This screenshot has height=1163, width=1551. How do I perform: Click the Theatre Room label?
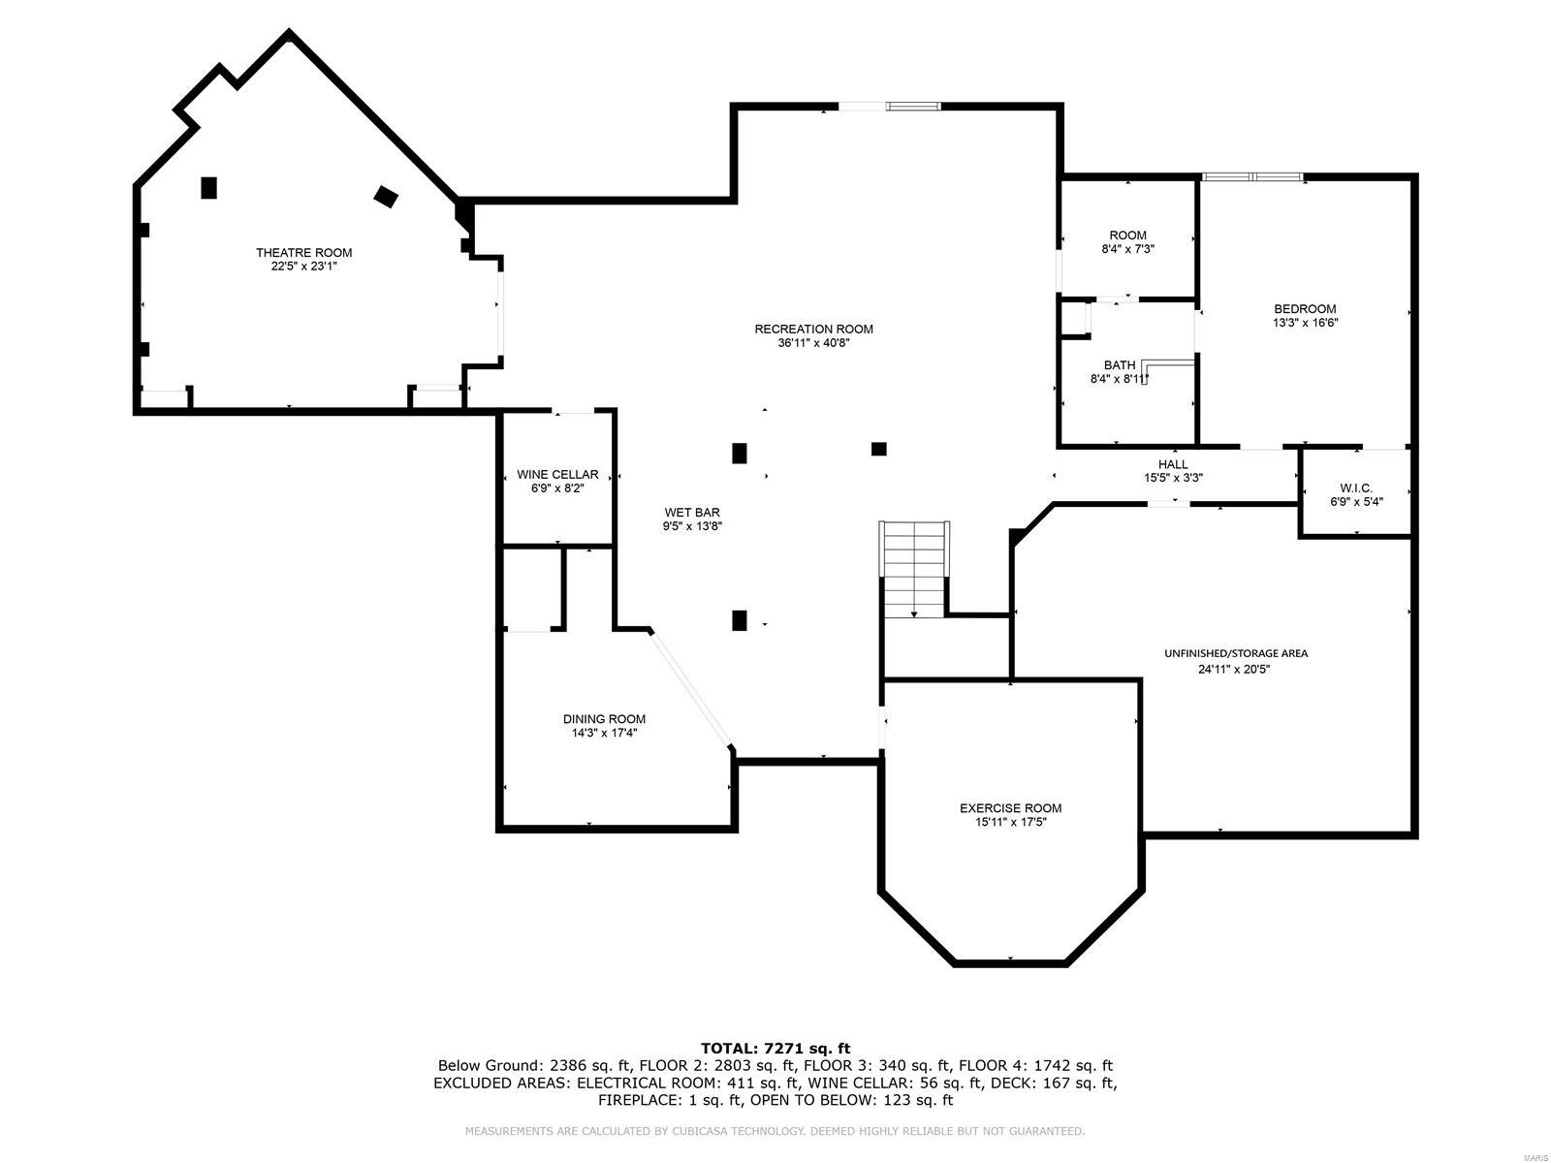pyautogui.click(x=303, y=253)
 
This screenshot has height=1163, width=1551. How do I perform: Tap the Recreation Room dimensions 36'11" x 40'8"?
pyautogui.click(x=813, y=342)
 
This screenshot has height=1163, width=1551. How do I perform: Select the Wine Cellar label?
pyautogui.click(x=557, y=475)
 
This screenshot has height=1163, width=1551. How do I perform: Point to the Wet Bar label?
pyautogui.click(x=692, y=513)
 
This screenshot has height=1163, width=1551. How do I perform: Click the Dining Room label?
pyautogui.click(x=604, y=719)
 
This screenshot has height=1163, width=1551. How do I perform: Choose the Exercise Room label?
pyautogui.click(x=1010, y=808)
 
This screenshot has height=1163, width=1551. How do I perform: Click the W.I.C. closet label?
pyautogui.click(x=1355, y=487)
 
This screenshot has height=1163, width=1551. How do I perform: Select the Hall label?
pyautogui.click(x=1173, y=464)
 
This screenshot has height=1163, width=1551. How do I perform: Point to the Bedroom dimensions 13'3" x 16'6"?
pyautogui.click(x=1305, y=323)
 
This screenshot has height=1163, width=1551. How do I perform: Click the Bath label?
pyautogui.click(x=1119, y=365)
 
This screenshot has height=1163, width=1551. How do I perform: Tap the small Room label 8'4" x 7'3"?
pyautogui.click(x=1127, y=236)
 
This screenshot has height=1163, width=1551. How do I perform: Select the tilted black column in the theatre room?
pyautogui.click(x=386, y=197)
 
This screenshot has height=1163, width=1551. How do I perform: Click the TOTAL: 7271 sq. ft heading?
pyautogui.click(x=775, y=1048)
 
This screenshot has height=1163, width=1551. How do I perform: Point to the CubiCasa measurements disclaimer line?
pyautogui.click(x=775, y=1131)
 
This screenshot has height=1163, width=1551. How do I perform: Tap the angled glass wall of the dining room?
pyautogui.click(x=690, y=689)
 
